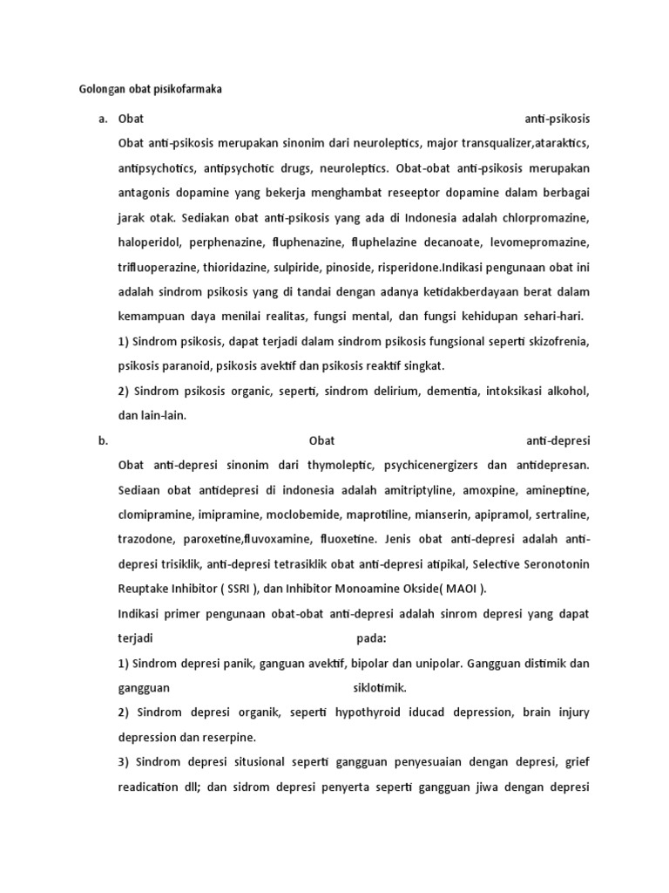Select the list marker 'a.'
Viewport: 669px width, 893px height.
tap(103, 118)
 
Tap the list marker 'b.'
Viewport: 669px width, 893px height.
tap(103, 441)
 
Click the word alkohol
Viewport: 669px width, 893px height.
tap(566, 391)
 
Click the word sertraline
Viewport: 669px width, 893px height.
tap(559, 515)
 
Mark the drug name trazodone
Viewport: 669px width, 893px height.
tap(145, 541)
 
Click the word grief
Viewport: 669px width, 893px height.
tap(576, 763)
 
